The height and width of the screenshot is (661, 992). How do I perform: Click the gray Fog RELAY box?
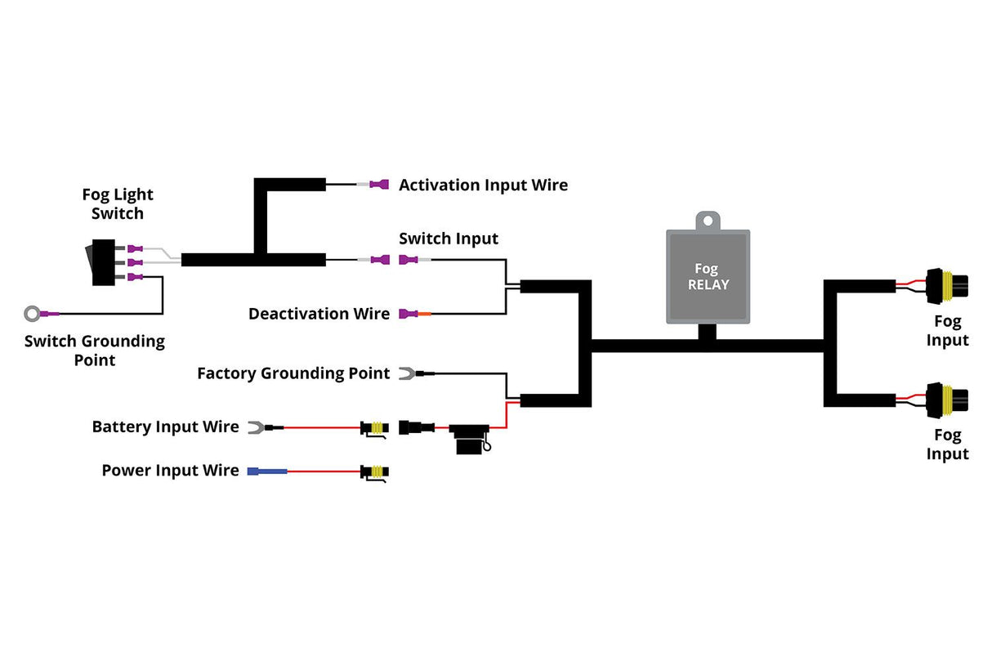point(708,276)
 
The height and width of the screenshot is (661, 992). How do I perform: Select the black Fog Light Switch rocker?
point(103,262)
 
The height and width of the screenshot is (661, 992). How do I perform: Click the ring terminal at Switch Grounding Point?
point(34,313)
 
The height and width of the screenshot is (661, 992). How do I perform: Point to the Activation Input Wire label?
point(483,185)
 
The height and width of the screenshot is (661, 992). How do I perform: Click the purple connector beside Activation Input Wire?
point(379,185)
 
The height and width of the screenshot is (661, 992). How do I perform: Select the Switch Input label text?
point(448,239)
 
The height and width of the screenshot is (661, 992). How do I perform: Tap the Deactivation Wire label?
point(319,314)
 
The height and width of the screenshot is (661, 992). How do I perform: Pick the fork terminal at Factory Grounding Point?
point(406,373)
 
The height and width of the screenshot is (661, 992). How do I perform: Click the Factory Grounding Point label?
point(293,373)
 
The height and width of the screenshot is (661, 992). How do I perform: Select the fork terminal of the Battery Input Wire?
point(254,427)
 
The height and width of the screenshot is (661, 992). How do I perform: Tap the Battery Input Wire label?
point(165,427)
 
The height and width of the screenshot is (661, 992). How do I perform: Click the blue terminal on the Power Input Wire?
point(266,471)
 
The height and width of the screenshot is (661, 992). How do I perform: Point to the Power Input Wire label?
point(170,471)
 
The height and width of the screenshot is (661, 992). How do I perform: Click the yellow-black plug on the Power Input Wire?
point(375,471)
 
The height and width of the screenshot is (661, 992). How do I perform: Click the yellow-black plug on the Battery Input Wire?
point(375,427)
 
